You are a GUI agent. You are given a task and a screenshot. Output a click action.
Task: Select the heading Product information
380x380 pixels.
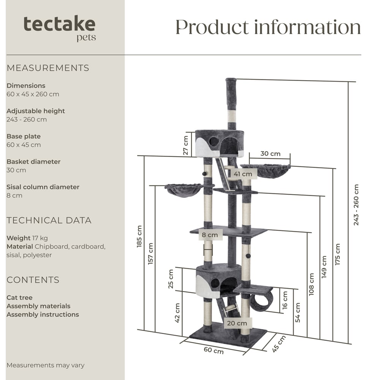(268, 27)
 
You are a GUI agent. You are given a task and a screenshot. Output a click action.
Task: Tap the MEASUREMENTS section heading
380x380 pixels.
(48, 68)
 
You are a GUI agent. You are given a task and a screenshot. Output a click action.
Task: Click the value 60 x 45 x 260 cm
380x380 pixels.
(33, 94)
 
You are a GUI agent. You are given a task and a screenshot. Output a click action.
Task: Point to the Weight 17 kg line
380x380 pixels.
(27, 238)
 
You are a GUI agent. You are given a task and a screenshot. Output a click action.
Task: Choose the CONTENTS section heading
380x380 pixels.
(33, 280)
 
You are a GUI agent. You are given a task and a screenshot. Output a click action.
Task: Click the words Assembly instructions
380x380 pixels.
(43, 315)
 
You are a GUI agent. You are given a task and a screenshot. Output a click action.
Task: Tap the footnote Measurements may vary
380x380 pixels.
(45, 365)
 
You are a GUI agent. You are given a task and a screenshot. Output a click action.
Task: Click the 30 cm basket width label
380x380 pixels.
(270, 154)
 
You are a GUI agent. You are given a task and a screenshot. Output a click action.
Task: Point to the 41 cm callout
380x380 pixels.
(243, 174)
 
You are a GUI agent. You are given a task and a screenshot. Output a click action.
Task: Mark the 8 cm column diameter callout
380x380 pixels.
(210, 235)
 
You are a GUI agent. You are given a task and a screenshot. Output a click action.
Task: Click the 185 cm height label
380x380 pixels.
(139, 236)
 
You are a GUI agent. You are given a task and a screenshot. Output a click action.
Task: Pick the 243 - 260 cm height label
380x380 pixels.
(356, 205)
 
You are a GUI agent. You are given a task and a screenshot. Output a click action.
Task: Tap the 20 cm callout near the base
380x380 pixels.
(236, 323)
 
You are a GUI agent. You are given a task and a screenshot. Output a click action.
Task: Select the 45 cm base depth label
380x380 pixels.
(279, 343)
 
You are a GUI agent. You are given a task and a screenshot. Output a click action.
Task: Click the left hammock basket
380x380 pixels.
(184, 189)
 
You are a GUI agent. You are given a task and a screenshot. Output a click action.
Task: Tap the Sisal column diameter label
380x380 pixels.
(43, 187)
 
